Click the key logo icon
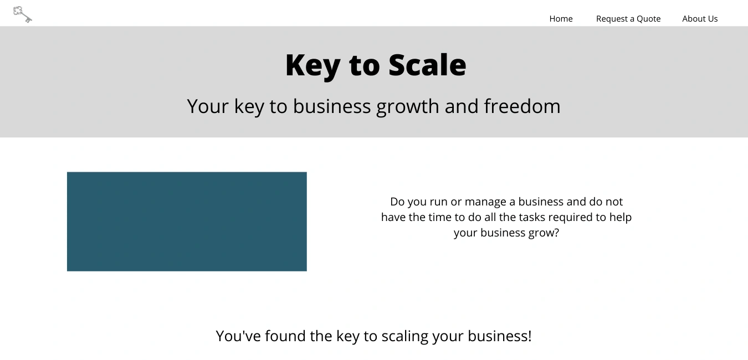pyautogui.click(x=22, y=14)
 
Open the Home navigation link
pyautogui.click(x=561, y=19)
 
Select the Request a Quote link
pyautogui.click(x=628, y=19)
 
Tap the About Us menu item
pyautogui.click(x=700, y=19)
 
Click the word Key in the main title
pyautogui.click(x=312, y=66)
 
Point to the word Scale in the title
pyautogui.click(x=427, y=65)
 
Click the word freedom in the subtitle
pyautogui.click(x=522, y=106)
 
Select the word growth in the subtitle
pyautogui.click(x=407, y=107)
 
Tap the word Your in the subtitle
pyautogui.click(x=208, y=106)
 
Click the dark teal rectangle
pyautogui.click(x=187, y=222)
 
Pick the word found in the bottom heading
pyautogui.click(x=285, y=336)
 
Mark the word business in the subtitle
pyautogui.click(x=332, y=106)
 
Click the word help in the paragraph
pyautogui.click(x=621, y=218)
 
